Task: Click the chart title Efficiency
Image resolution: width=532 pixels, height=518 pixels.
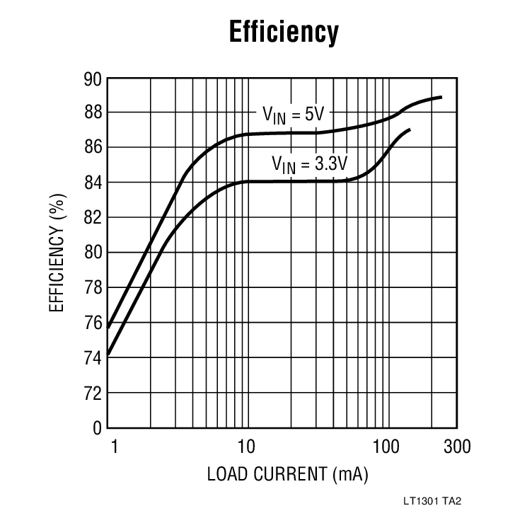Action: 284,32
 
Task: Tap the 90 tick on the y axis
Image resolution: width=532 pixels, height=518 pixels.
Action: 93,78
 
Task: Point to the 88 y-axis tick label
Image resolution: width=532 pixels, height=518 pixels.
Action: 93,113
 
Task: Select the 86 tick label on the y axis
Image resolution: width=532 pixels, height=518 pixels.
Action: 93,147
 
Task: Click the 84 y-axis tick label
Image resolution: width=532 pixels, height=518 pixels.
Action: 93,183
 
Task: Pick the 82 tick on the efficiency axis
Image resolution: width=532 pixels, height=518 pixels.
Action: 93,217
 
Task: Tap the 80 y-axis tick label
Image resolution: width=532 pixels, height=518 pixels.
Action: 93,253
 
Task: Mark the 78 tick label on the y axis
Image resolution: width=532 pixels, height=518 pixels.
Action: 93,288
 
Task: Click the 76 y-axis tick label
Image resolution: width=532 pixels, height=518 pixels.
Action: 93,323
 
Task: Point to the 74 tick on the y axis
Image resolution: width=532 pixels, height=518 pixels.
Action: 93,358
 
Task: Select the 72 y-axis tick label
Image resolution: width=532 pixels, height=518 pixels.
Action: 93,393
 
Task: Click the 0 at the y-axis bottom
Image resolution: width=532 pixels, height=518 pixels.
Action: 98,428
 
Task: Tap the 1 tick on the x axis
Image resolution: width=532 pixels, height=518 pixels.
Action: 112,448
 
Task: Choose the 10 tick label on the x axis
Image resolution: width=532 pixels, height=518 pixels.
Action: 245,448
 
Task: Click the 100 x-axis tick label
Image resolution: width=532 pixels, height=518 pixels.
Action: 386,448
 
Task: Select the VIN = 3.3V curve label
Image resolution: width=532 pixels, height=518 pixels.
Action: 310,164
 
